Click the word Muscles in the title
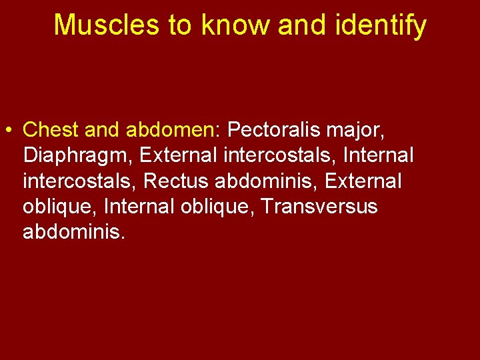point(106,25)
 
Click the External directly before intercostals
point(177,155)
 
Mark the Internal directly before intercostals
point(378,155)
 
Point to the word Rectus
point(175,181)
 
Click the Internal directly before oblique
point(139,207)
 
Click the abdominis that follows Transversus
point(73,233)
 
